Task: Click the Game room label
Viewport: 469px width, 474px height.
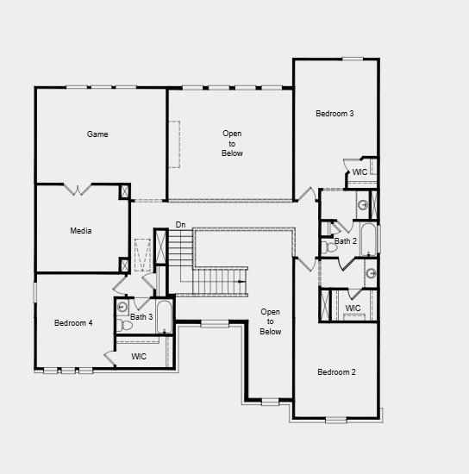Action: [97, 134]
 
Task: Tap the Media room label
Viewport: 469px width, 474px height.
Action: [81, 231]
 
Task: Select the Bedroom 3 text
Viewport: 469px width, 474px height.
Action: [335, 114]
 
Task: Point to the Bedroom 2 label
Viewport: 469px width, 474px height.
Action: [336, 372]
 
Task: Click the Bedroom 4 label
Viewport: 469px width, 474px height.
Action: [73, 323]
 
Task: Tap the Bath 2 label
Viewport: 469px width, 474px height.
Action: [346, 241]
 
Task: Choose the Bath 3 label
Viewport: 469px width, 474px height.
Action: [141, 317]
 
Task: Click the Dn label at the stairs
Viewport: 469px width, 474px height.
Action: [180, 225]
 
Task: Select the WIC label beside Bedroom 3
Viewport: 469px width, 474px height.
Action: [360, 172]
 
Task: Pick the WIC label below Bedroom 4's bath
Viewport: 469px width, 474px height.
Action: [139, 356]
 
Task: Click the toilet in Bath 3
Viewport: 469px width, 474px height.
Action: [127, 325]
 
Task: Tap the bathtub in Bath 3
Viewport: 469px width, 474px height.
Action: [164, 320]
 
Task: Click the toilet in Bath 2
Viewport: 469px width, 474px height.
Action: [328, 247]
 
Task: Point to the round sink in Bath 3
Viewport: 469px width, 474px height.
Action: [122, 306]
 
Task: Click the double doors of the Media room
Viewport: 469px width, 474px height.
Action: [78, 189]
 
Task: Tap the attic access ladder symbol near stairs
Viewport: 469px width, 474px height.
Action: [142, 255]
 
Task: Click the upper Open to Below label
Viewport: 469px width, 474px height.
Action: [232, 143]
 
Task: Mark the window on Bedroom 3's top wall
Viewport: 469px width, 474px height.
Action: [352, 59]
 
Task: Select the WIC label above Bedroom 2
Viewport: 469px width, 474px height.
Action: [353, 309]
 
